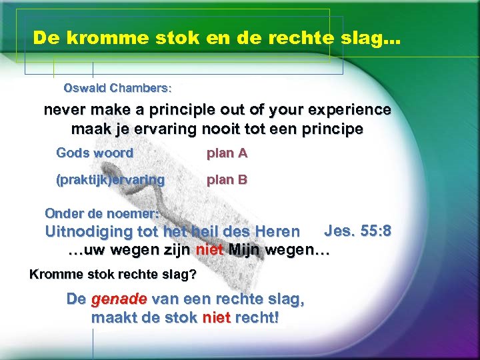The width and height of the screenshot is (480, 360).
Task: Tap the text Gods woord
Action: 95,153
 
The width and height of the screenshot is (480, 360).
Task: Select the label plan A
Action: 227,153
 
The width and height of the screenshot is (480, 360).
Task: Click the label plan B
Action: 227,179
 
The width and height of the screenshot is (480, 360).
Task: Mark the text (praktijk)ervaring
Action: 110,179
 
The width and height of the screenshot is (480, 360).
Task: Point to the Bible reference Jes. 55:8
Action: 357,231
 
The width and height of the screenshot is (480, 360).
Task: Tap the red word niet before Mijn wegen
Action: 209,251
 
